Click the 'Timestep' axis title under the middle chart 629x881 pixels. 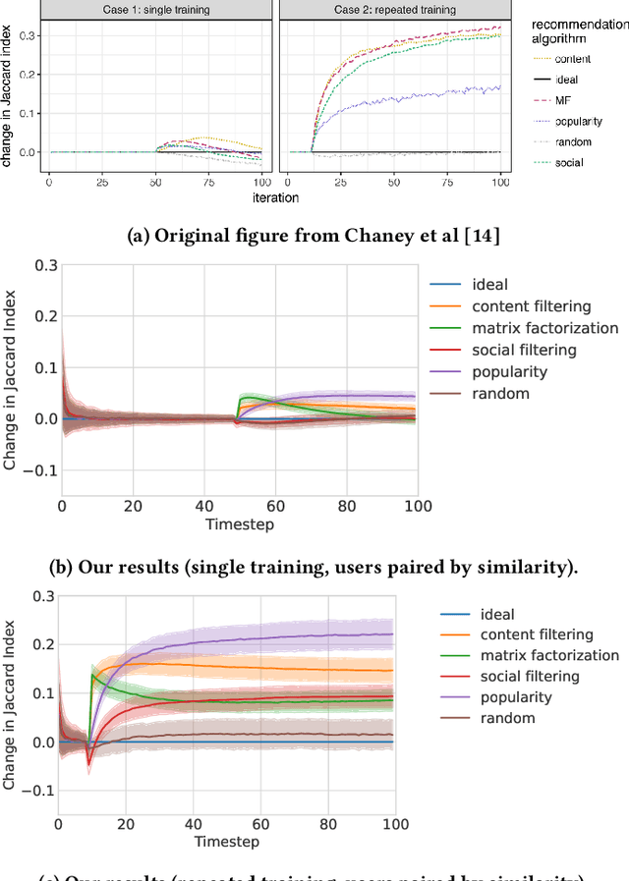click(x=239, y=524)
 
